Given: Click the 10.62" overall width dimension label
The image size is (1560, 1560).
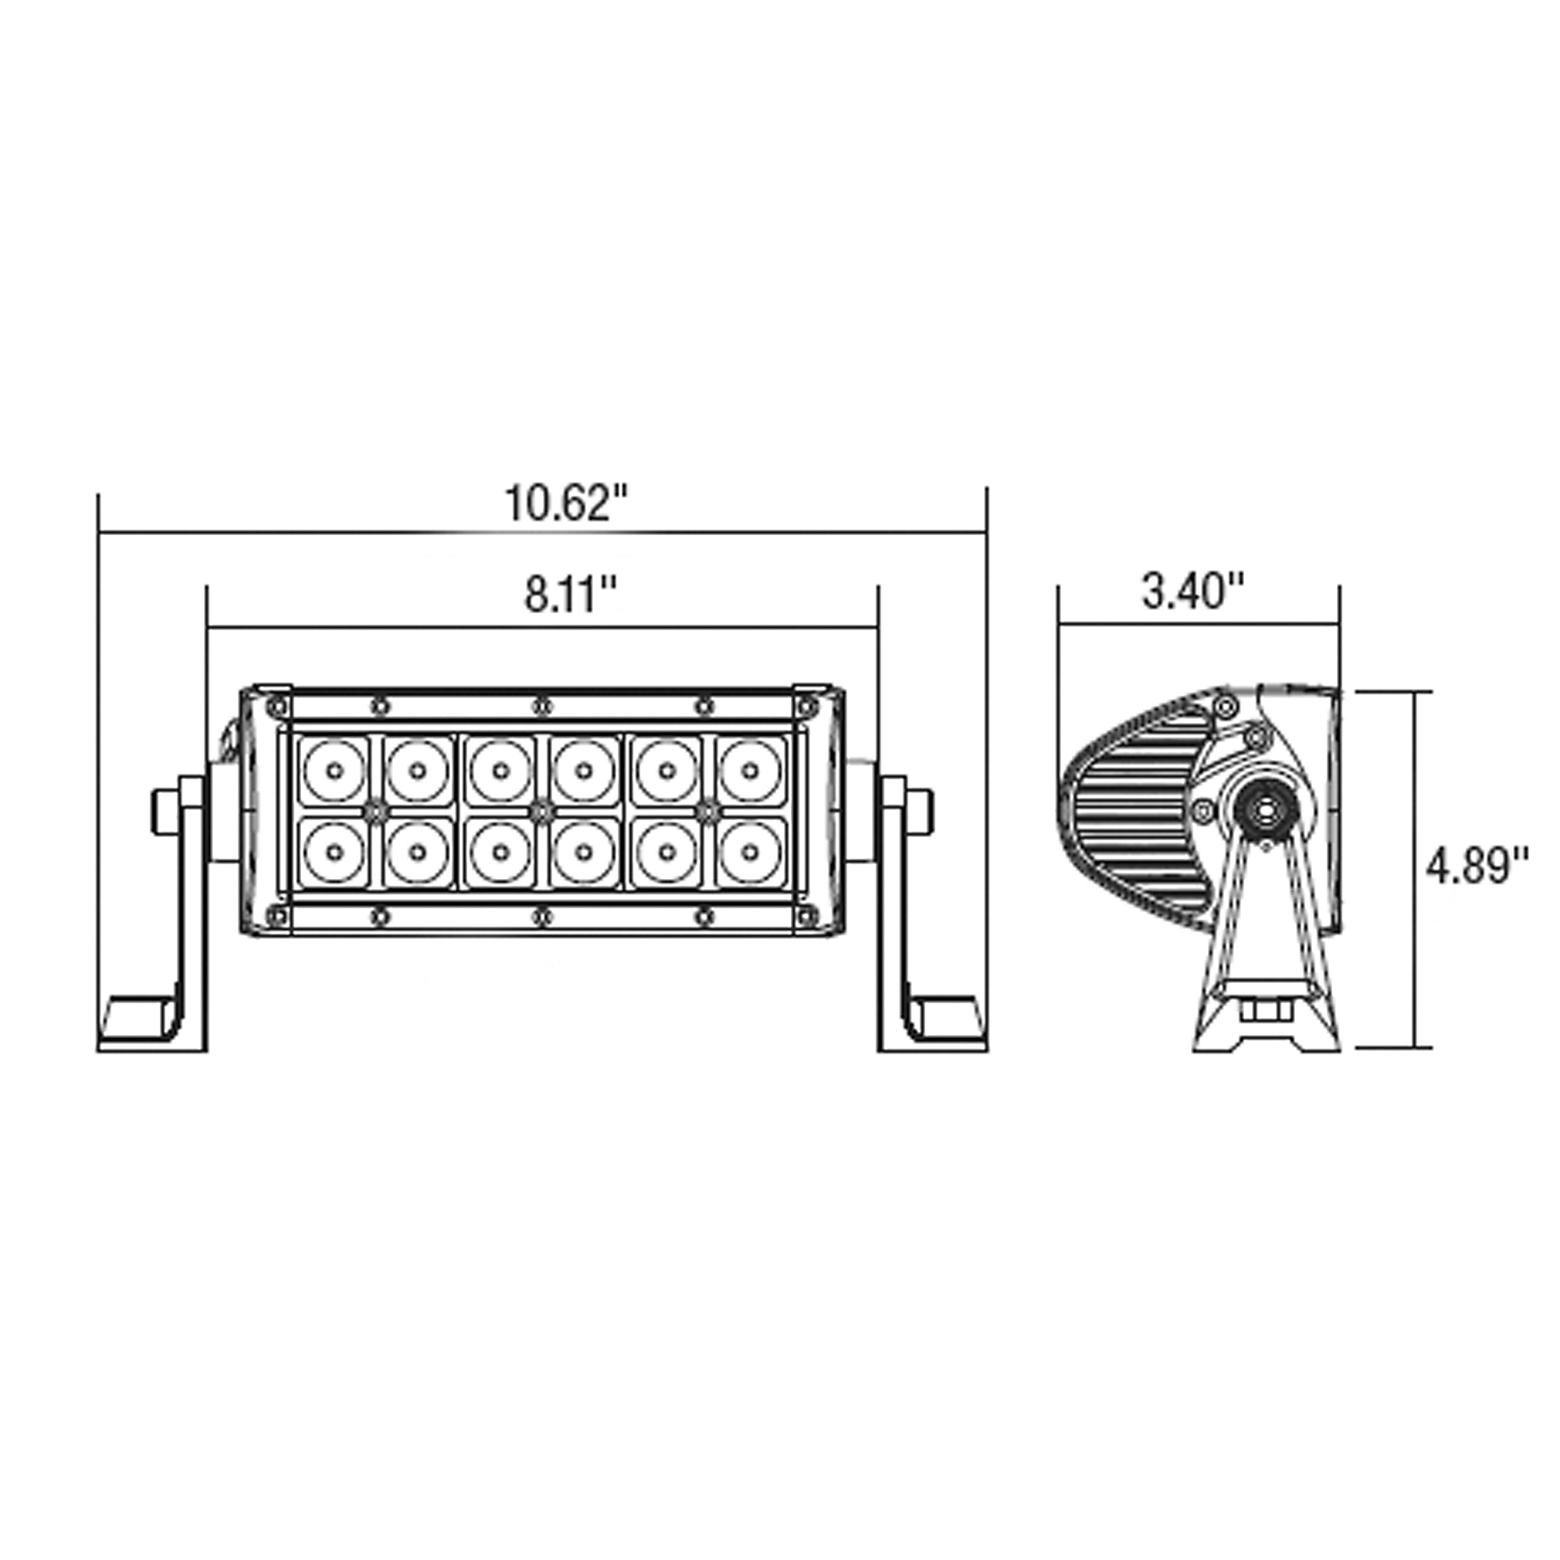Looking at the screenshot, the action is [x=566, y=504].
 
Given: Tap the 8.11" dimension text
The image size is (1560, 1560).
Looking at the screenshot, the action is [x=571, y=596].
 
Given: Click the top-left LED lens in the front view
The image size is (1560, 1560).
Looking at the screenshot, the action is [x=335, y=771].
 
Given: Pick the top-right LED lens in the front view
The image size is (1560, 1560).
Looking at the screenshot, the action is [x=750, y=771].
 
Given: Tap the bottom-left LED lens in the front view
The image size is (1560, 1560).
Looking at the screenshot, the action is [x=335, y=852].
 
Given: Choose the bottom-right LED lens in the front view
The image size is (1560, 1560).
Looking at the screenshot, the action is [x=750, y=852].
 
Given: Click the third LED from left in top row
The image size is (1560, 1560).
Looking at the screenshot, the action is [x=501, y=771].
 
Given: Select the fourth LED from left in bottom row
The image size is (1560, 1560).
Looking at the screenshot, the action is [x=583, y=852].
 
